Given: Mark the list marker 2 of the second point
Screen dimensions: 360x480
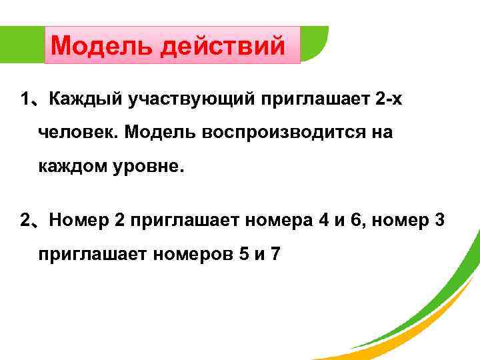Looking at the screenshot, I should click(25, 220).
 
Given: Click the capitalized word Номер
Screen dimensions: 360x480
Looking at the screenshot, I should click(79, 220).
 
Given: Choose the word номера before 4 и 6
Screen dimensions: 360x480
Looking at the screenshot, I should click(277, 220).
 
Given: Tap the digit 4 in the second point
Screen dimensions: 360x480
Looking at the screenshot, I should click(323, 220).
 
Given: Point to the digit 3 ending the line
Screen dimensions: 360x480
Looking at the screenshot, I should click(439, 220).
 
